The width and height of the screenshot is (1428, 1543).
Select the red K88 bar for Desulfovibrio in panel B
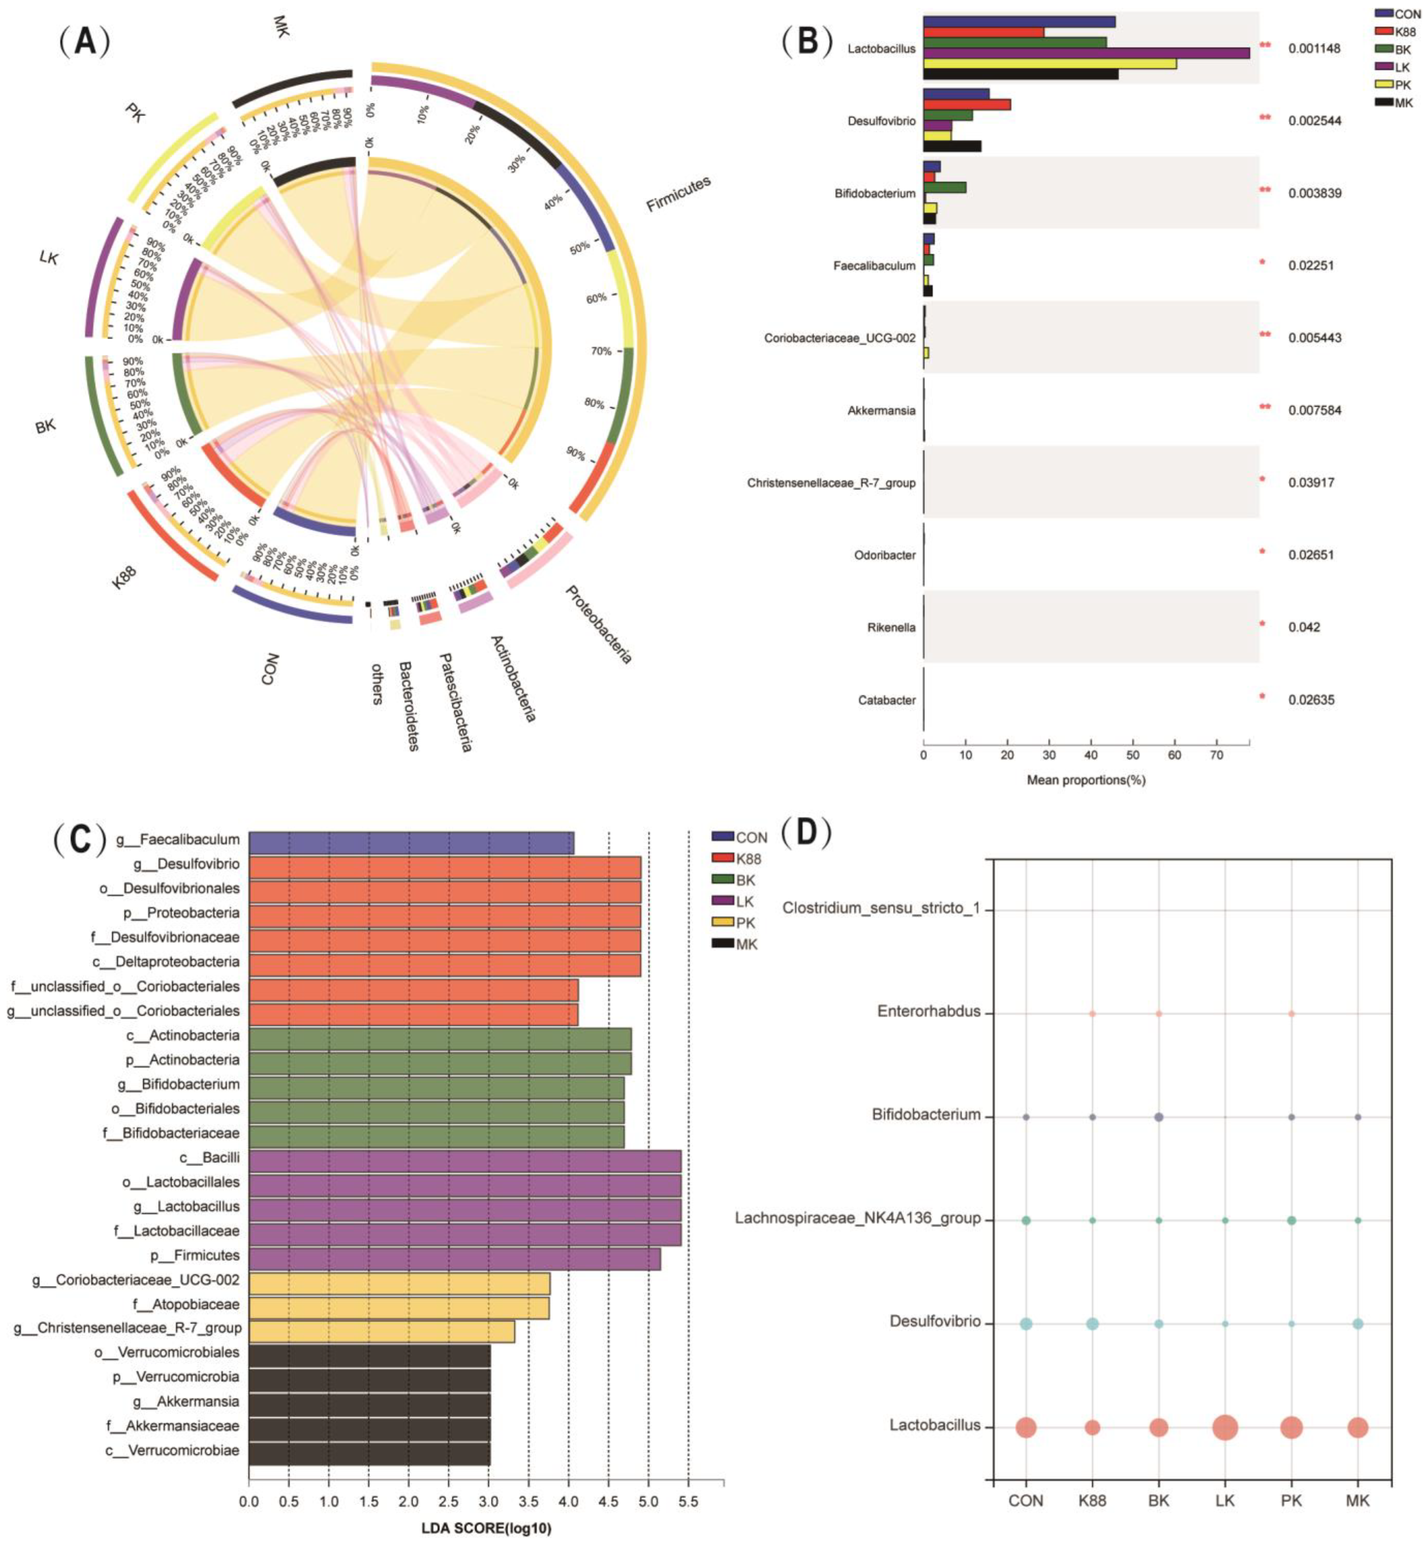pos(966,104)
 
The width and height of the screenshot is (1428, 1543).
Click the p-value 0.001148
pos(1313,49)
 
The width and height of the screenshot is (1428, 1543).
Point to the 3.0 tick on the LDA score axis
pos(488,1501)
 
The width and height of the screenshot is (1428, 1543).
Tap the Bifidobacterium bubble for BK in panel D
pos(1158,1117)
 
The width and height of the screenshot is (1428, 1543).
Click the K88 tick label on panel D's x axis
pos(1092,1501)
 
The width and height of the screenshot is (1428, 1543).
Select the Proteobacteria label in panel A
pos(599,624)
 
